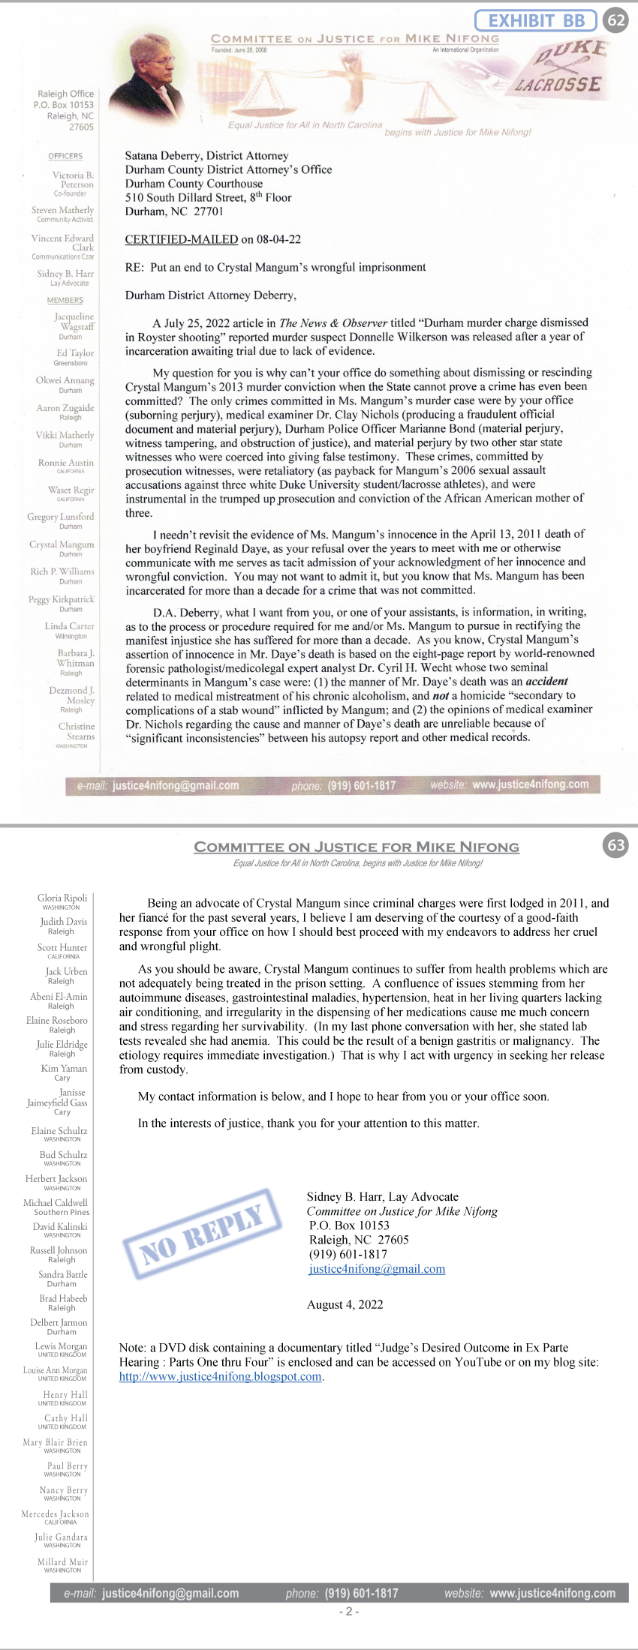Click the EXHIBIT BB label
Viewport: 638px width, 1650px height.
coord(536,20)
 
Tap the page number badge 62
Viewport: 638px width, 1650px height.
coord(616,20)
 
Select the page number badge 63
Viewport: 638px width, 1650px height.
coord(616,845)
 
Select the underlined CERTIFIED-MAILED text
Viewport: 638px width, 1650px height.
coord(181,240)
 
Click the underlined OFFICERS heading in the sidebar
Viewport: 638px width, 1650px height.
coord(65,156)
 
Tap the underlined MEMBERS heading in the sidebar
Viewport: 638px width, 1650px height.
coord(65,300)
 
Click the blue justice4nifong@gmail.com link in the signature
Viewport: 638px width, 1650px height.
coord(376,1269)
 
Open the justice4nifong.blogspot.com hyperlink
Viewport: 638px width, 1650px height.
coord(221,1377)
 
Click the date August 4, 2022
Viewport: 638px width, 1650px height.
coord(345,1305)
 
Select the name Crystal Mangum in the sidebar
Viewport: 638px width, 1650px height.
coord(62,544)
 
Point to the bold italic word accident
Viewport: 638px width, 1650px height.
coord(546,682)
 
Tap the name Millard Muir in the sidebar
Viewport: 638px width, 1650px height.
coord(63,1562)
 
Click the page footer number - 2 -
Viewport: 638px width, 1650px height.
coord(349,1611)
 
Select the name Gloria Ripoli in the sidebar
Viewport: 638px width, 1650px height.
coord(62,898)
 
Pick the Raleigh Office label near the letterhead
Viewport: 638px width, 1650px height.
coord(66,94)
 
